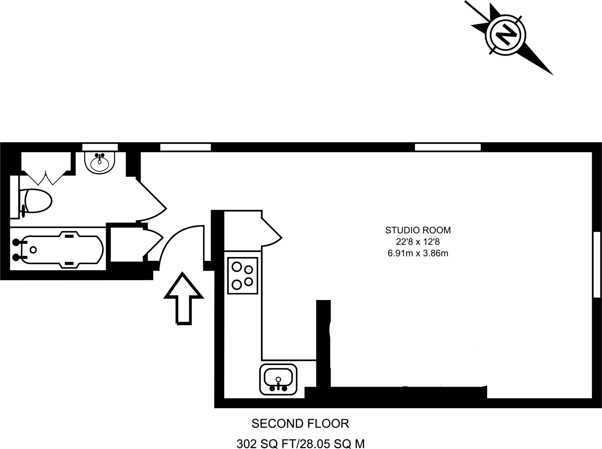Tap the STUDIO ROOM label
point(418,230)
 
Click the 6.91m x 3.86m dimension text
point(418,253)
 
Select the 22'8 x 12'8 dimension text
point(418,242)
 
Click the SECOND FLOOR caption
point(300,423)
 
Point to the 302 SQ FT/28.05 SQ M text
point(300,444)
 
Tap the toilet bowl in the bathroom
point(38,201)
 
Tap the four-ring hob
point(243,275)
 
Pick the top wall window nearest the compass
point(448,147)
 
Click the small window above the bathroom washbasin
point(100,147)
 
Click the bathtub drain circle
point(33,250)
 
